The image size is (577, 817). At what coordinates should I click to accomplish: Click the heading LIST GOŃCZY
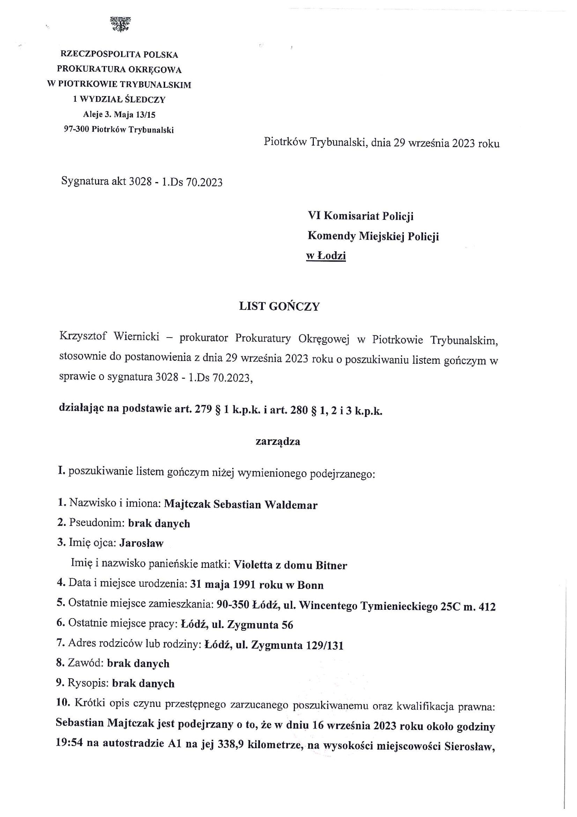280,307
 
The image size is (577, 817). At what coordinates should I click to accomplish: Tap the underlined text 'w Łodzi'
326,256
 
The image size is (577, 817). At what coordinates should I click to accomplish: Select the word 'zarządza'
278,442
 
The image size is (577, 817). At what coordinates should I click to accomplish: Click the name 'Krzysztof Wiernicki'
110,337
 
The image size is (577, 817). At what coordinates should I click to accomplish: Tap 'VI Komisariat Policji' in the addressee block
361,216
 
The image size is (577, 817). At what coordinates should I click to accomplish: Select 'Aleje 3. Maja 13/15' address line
119,115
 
